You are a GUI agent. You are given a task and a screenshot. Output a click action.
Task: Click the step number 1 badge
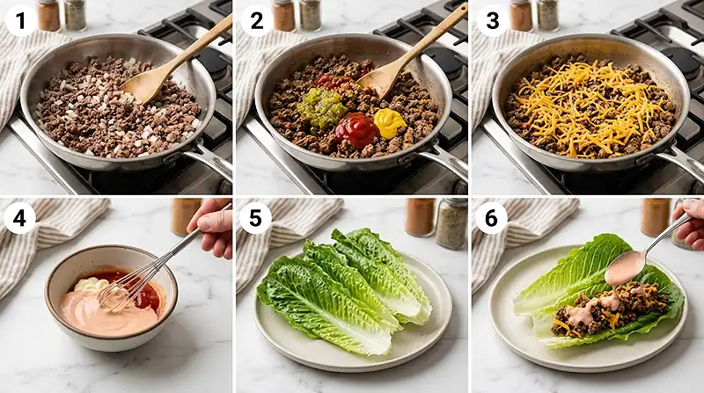(19, 19)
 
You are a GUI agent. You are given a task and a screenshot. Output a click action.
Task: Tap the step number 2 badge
(256, 19)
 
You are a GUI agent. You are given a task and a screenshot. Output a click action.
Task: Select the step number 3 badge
(491, 19)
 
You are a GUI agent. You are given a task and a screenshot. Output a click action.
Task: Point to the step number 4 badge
(19, 217)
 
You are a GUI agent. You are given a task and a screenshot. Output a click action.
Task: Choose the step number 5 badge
(256, 217)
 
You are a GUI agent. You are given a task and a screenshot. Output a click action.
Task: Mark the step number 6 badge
(491, 217)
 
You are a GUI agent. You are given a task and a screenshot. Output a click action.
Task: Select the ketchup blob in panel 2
(356, 129)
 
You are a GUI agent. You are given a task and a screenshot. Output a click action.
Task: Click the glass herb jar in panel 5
(451, 223)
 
